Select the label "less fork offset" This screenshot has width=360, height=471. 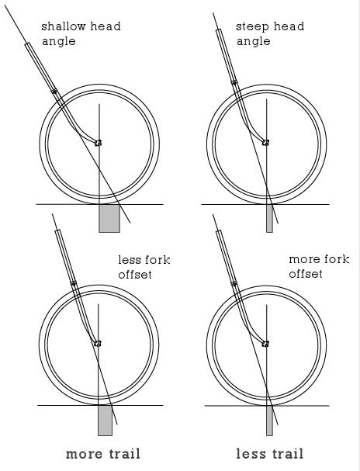[x=144, y=267]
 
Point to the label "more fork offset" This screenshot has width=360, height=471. [x=319, y=266]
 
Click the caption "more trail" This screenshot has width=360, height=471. [x=103, y=454]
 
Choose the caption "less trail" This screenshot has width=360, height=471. [x=270, y=454]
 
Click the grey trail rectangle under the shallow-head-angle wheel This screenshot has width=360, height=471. [x=109, y=218]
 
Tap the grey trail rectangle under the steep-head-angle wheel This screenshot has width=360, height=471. [x=270, y=218]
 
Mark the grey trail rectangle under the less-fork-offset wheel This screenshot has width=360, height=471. [x=105, y=421]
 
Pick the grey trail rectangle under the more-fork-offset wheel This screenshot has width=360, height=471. [x=270, y=421]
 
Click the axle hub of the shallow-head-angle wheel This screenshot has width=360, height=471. [x=98, y=143]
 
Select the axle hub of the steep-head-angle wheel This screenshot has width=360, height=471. [x=265, y=142]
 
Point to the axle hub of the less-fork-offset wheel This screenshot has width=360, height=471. [x=97, y=343]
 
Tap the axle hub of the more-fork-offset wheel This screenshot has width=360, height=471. [x=265, y=343]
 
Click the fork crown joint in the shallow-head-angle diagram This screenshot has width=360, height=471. [x=54, y=91]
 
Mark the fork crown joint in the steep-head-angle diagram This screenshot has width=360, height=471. [x=234, y=82]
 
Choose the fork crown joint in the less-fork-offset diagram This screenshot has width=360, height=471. [x=73, y=283]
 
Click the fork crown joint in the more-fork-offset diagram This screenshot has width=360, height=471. [x=234, y=283]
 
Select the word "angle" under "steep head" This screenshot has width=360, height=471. [x=254, y=41]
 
